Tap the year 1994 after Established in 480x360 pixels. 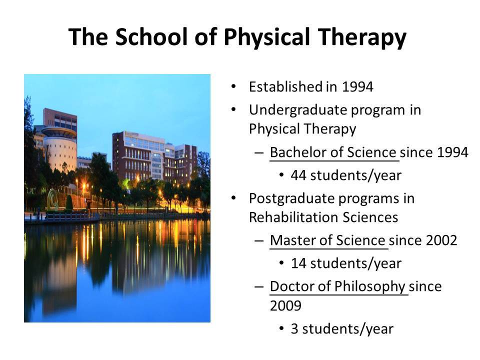coord(357,87)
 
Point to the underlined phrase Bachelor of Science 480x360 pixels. coord(333,152)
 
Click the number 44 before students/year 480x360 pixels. coord(298,175)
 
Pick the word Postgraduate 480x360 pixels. coord(292,199)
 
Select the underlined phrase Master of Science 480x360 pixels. coord(327,240)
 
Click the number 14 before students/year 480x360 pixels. coord(298,263)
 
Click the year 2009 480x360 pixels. coord(285,305)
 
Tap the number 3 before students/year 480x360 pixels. coord(294,329)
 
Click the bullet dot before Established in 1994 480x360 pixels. coord(233,86)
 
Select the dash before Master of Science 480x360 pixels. coord(258,241)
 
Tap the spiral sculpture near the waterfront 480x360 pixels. coord(52,200)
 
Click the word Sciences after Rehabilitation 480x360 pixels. coord(370,217)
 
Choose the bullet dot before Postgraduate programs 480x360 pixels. coord(233,198)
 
